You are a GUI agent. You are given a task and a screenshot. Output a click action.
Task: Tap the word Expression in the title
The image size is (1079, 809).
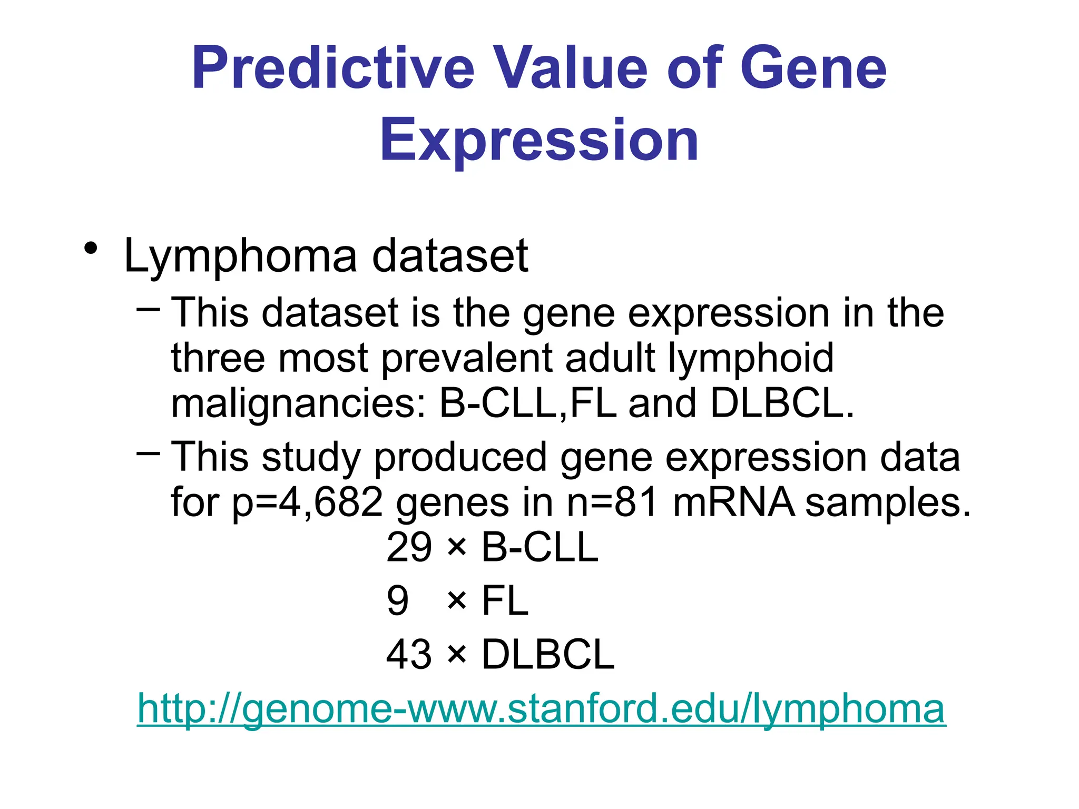click(x=539, y=140)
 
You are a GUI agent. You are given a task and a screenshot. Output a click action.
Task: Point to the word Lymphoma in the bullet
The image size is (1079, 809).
click(x=240, y=257)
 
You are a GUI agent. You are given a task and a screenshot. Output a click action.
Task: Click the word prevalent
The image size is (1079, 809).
click(x=467, y=358)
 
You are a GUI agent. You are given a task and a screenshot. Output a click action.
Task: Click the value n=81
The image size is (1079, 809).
click(x=612, y=501)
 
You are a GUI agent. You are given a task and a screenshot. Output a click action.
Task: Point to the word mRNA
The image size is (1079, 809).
click(x=733, y=501)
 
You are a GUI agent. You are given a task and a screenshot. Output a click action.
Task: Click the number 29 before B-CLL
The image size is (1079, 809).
click(x=409, y=548)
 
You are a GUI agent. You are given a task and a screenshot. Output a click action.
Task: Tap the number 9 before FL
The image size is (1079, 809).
click(x=398, y=601)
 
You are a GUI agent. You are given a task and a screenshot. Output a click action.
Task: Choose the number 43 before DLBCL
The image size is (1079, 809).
click(x=409, y=655)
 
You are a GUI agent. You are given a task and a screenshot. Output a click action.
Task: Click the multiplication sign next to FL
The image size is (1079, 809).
click(x=456, y=601)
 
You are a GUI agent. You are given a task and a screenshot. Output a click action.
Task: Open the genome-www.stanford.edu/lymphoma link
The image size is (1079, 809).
click(x=541, y=709)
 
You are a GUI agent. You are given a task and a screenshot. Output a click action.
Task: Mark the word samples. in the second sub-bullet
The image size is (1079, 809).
click(x=888, y=502)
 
